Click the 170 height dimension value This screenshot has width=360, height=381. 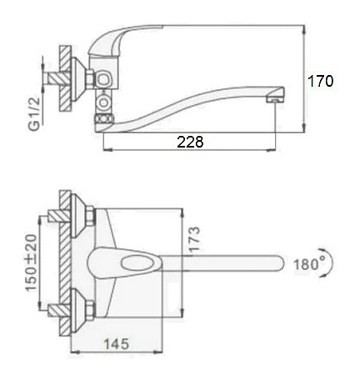pyautogui.click(x=320, y=81)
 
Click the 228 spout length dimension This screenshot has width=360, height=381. pyautogui.click(x=190, y=142)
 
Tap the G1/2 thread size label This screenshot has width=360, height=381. pyautogui.click(x=34, y=113)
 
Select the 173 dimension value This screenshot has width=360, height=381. pyautogui.click(x=193, y=239)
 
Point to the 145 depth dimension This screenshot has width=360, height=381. pyautogui.click(x=117, y=343)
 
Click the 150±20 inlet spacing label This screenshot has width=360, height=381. pyautogui.click(x=31, y=263)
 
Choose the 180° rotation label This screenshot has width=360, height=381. pyautogui.click(x=310, y=263)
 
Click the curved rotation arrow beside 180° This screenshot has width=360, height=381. pyautogui.click(x=330, y=263)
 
